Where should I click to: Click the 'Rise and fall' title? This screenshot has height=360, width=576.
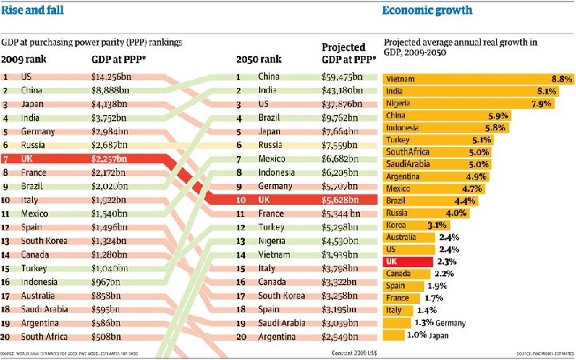[x=32, y=10]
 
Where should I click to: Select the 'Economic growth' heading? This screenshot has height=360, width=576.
[x=426, y=10]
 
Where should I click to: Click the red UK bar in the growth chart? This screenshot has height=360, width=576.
[x=408, y=262]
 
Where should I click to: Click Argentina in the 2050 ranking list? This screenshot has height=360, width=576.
[x=276, y=335]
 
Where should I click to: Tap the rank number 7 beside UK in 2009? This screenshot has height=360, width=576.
[x=5, y=158]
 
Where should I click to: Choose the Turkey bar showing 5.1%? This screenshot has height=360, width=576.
[x=438, y=139]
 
